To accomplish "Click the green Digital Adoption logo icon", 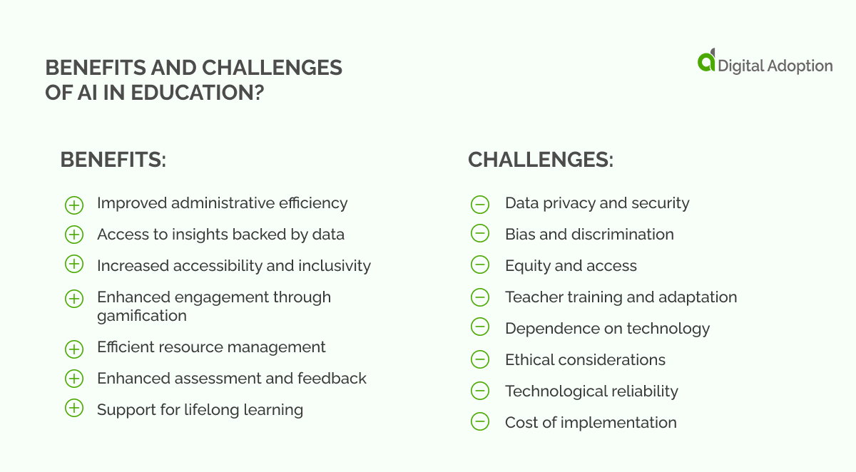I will [x=706, y=61].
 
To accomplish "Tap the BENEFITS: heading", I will [x=113, y=160].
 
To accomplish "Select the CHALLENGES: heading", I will [x=540, y=160].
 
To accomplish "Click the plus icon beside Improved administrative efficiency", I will [x=74, y=205].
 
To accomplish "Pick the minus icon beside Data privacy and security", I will [x=480, y=205].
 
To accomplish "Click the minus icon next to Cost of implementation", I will [x=480, y=422].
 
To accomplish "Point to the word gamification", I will [x=142, y=315].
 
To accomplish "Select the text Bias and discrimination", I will [x=589, y=234].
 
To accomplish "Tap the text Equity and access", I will [x=571, y=266].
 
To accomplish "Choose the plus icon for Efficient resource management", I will [x=74, y=349].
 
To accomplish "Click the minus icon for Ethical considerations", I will [x=480, y=359].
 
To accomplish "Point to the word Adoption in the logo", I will [x=799, y=66].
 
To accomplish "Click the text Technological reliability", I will [x=591, y=391].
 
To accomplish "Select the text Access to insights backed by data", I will [x=220, y=234].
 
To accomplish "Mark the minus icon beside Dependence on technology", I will [x=480, y=327].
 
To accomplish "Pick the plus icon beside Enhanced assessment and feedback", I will [x=74, y=378].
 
